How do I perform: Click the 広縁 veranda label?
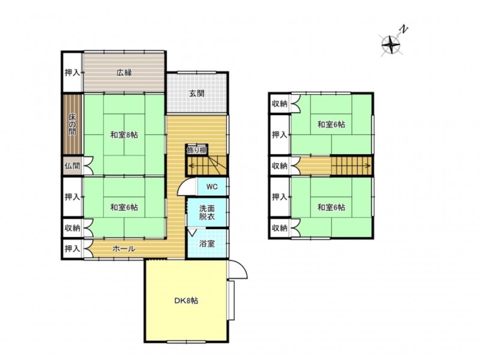[124, 73]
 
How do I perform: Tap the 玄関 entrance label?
[197, 94]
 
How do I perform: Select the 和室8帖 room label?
[124, 134]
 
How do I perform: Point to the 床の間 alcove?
[72, 124]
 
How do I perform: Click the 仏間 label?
[72, 166]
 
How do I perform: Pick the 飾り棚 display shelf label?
[197, 151]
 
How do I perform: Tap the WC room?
[212, 187]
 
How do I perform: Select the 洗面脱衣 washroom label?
[207, 212]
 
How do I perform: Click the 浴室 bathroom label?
[207, 244]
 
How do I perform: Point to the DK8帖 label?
[186, 301]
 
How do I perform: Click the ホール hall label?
[124, 249]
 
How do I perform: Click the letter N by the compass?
[404, 29]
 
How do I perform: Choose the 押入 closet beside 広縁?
[72, 73]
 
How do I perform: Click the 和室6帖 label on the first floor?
[124, 207]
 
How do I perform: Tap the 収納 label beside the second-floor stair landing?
[280, 166]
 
